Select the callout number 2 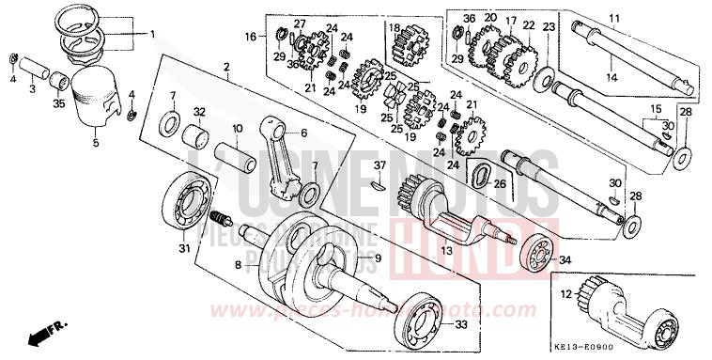tap(226, 67)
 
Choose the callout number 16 tap(251, 37)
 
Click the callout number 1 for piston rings tap(152, 33)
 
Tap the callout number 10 tap(237, 128)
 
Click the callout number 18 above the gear tap(395, 27)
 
